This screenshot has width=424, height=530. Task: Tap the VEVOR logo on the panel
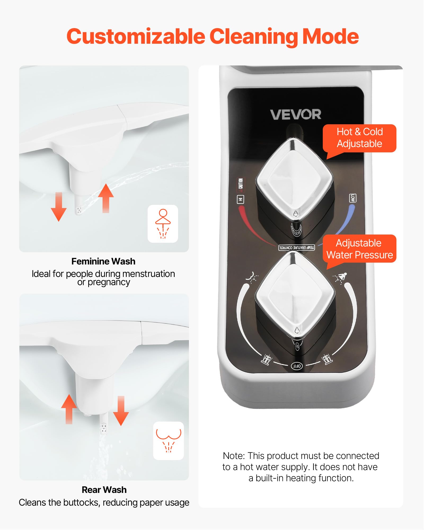[295, 114]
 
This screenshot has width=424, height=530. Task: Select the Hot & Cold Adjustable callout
[359, 138]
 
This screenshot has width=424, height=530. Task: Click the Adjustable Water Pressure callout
[359, 249]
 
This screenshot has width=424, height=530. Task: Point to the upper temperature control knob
[294, 180]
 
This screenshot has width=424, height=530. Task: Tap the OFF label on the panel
[297, 366]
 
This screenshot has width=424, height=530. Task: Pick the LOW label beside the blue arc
[352, 198]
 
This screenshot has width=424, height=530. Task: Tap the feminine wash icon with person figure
[163, 224]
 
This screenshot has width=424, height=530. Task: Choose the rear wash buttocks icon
[169, 440]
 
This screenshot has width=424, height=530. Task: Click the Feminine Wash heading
[103, 261]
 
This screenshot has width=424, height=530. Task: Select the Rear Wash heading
[104, 490]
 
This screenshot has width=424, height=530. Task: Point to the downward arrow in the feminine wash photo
[59, 207]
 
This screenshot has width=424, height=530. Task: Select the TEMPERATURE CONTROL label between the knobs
[297, 248]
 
